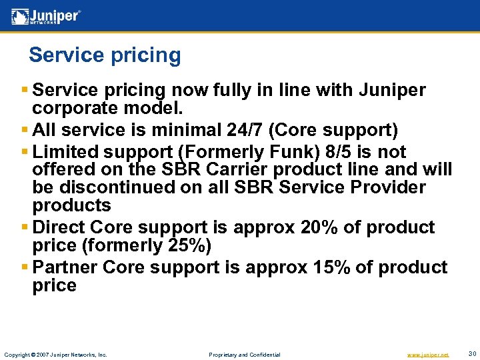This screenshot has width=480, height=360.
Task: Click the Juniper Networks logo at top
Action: pos(46,16)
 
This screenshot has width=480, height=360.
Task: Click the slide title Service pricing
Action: pos(105,55)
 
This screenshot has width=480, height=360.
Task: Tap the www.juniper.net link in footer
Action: pos(427,355)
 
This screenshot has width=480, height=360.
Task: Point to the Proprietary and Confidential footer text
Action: pos(245,355)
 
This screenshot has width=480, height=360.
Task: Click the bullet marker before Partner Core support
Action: pos(25,267)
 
